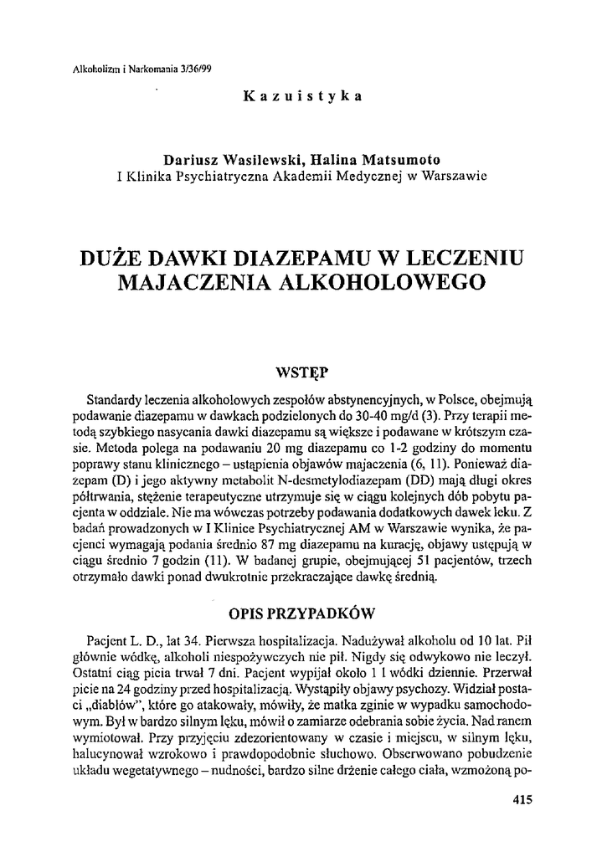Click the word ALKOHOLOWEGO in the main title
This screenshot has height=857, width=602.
point(387,282)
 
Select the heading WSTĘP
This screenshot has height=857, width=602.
point(301,370)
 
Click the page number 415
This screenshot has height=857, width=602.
point(521,799)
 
